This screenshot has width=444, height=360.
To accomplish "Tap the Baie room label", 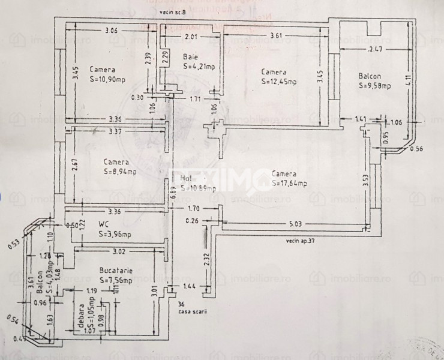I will tap(189, 58).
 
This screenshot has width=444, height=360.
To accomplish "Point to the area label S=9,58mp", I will tap(375, 86).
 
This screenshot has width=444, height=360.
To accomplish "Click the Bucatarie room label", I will tap(116, 271).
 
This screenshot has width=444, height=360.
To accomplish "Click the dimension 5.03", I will tap(295, 224).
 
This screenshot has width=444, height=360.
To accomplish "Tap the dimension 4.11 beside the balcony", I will tap(407, 81).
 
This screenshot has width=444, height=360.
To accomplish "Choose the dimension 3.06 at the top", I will tap(111, 31).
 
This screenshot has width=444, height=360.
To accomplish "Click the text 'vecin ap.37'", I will tap(301, 241).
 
